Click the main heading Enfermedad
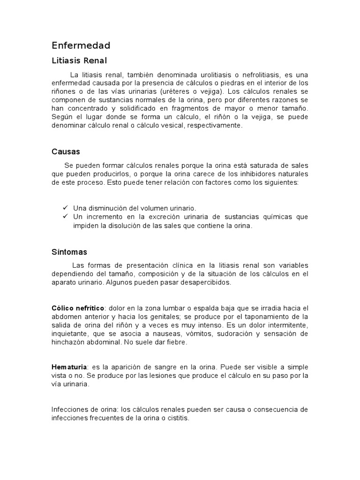81,45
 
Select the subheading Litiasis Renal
79,60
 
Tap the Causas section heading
66,152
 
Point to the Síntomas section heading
69,252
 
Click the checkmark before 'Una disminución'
65,208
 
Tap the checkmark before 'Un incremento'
65,217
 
